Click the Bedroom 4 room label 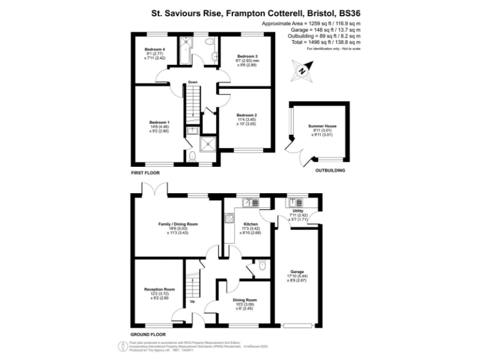155,49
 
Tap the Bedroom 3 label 247,56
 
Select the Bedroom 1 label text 159,122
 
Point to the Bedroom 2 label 247,116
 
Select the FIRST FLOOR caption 145,172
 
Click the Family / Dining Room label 177,224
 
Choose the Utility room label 297,211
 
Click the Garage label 297,271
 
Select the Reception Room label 159,289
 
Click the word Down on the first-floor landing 193,82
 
